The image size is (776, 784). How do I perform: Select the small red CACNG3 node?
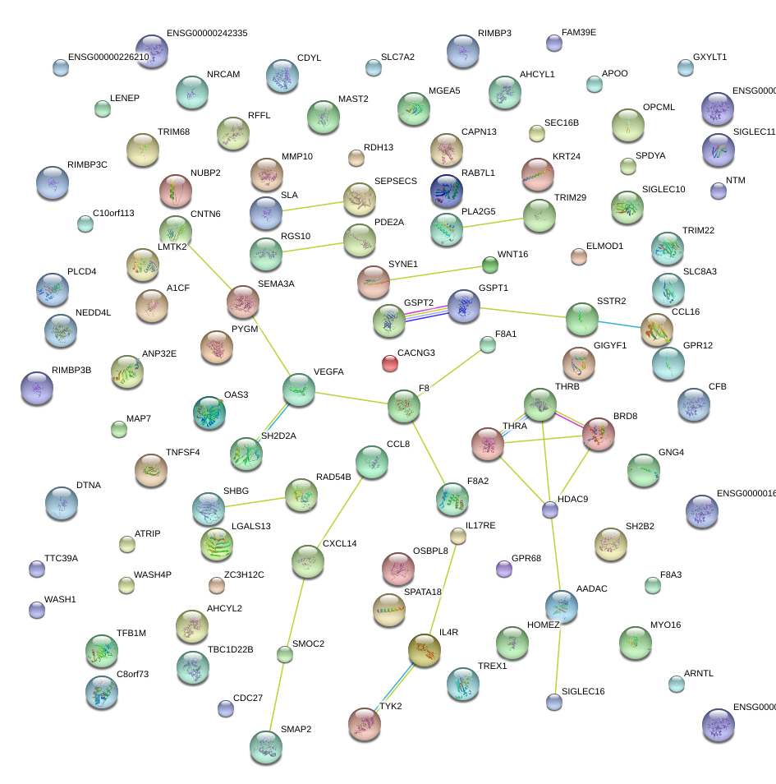pos(390,362)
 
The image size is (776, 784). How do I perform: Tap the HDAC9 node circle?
pos(550,510)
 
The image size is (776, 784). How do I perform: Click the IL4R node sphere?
pos(425,650)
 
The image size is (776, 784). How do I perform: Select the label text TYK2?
pos(390,706)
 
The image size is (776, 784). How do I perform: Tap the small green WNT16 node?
pos(489,265)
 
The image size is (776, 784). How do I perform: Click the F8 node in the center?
pos(403,406)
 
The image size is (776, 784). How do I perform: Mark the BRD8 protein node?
pos(598,434)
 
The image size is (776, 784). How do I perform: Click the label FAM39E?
pos(579,33)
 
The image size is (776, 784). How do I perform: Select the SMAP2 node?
pos(266,745)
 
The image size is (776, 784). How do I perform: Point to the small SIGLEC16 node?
pos(554,701)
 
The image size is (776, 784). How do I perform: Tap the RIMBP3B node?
pos(36,388)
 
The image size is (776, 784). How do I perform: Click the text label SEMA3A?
pos(276,284)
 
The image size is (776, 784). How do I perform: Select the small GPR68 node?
pos(504,568)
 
